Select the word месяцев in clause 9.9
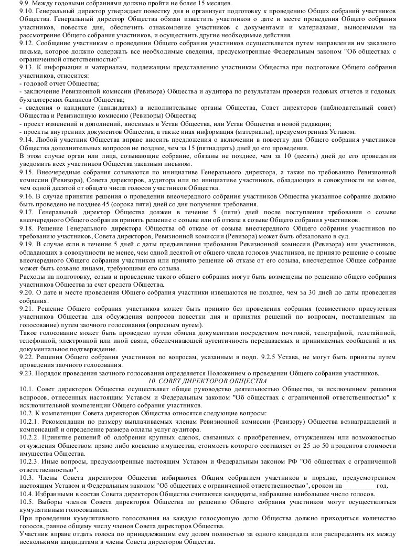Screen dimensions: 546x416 175,4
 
